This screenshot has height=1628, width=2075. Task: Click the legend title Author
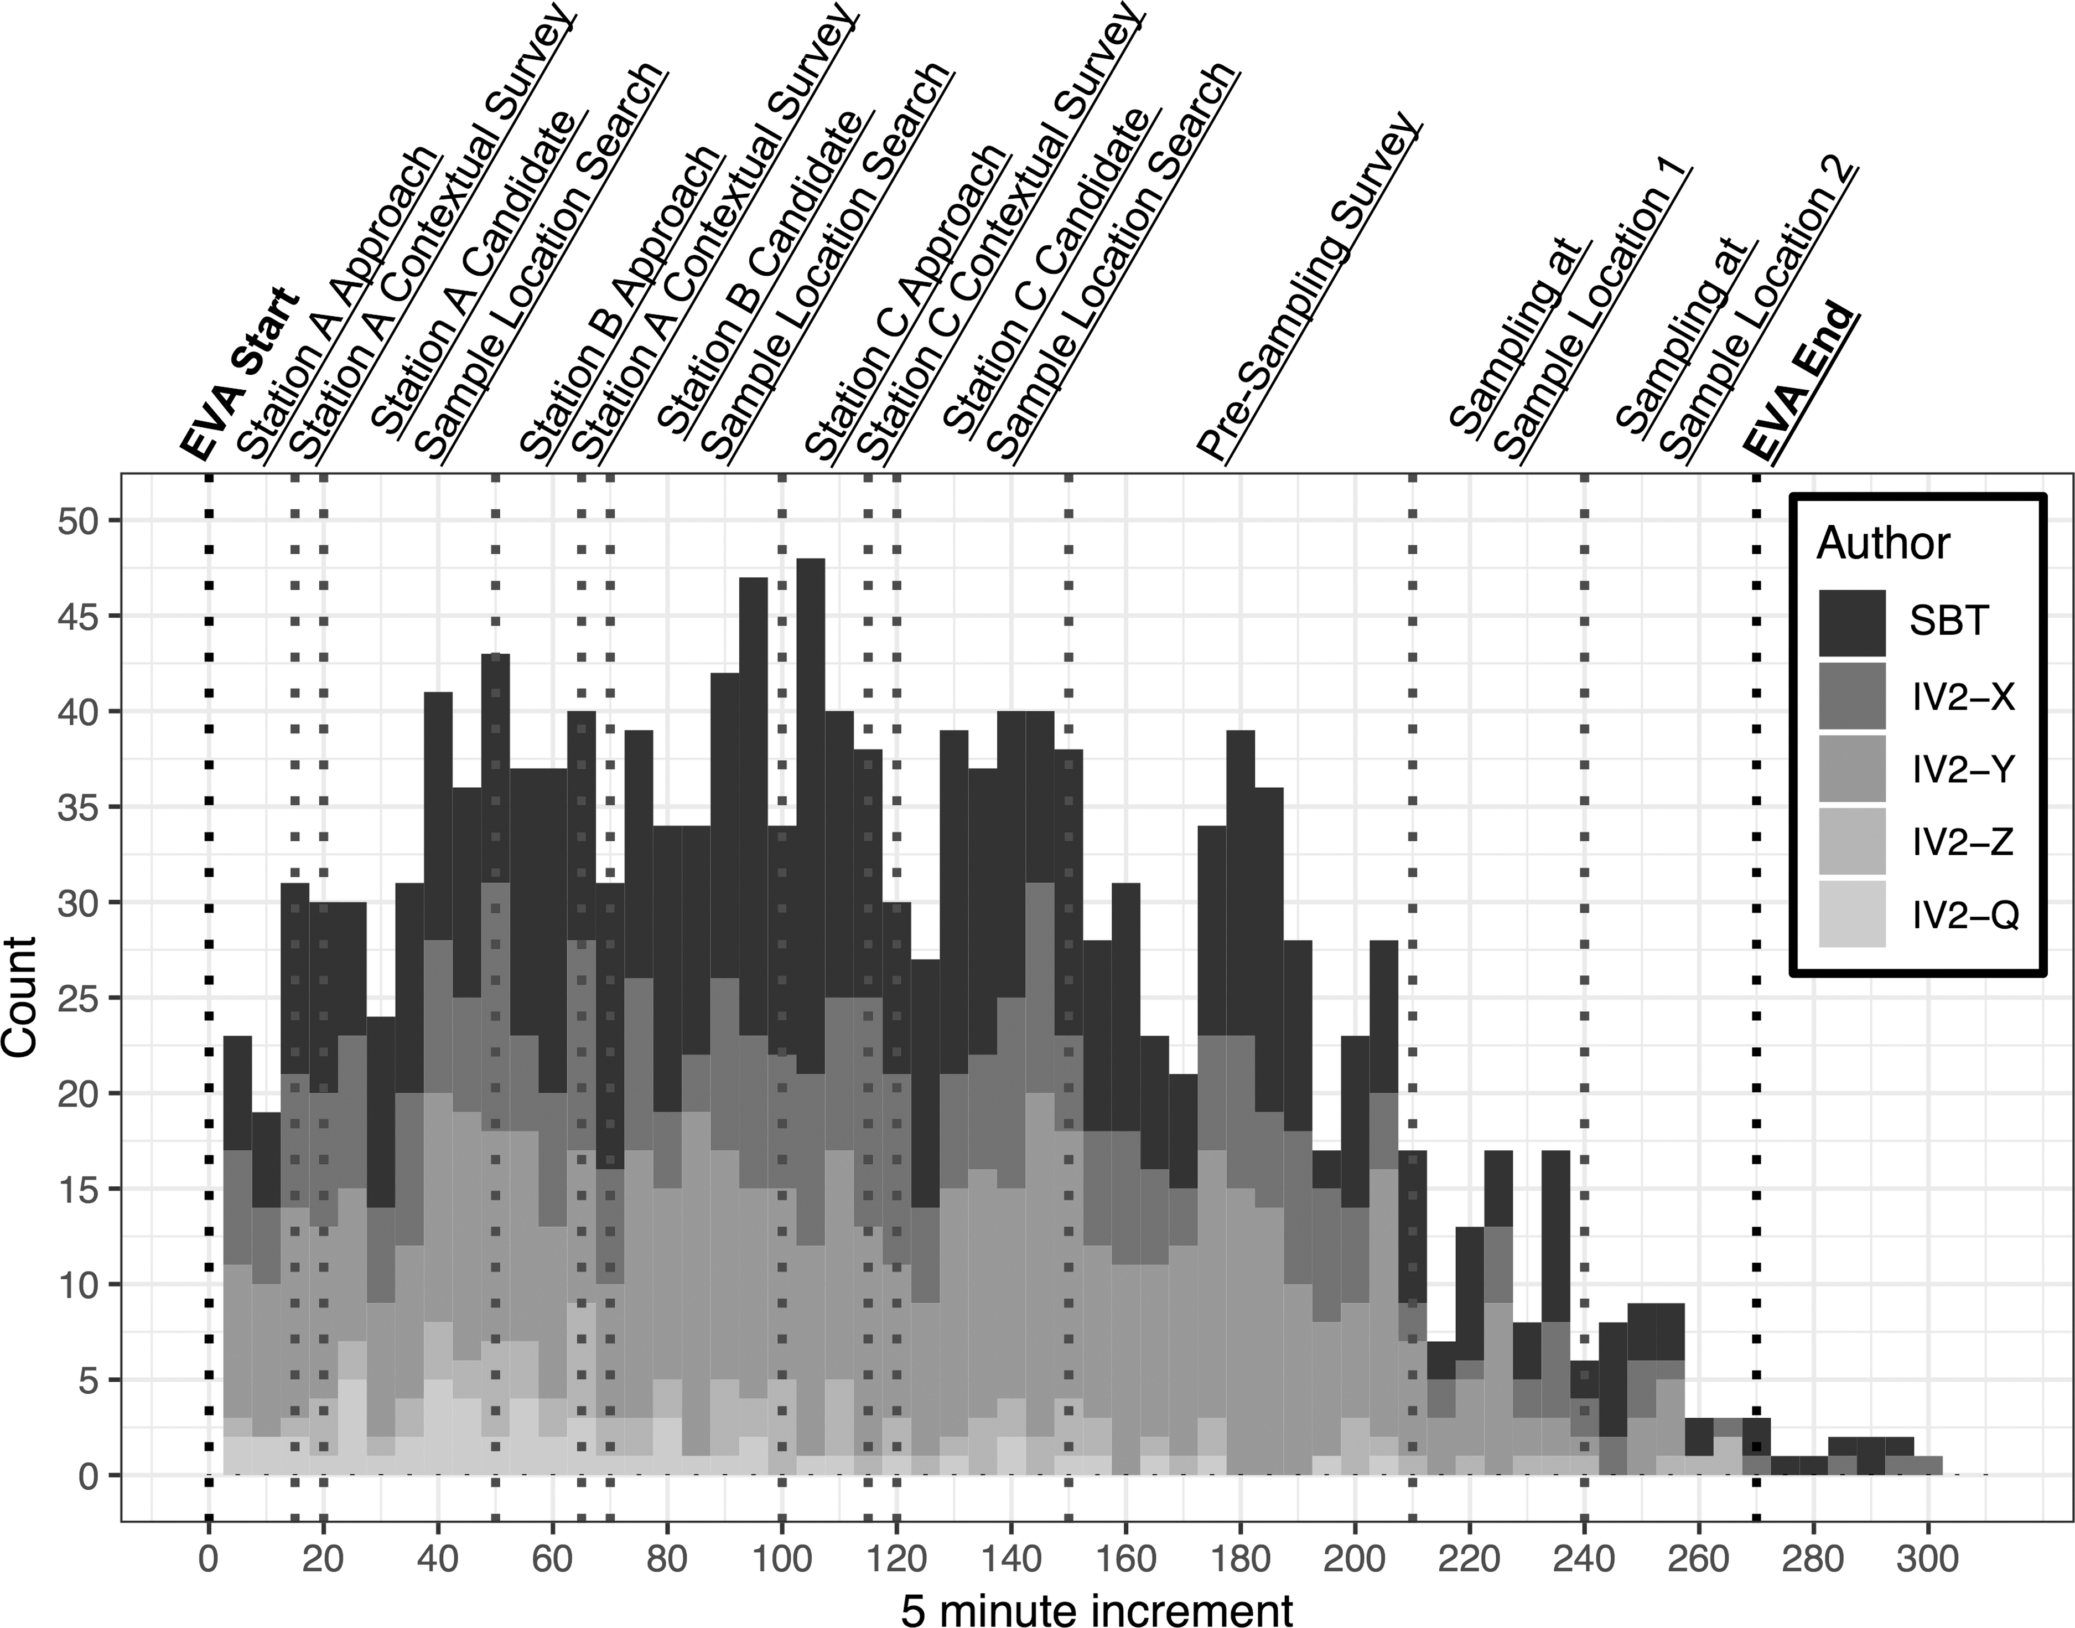pyautogui.click(x=1884, y=543)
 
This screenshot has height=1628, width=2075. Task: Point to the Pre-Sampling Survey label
pyautogui.click(x=1310, y=291)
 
